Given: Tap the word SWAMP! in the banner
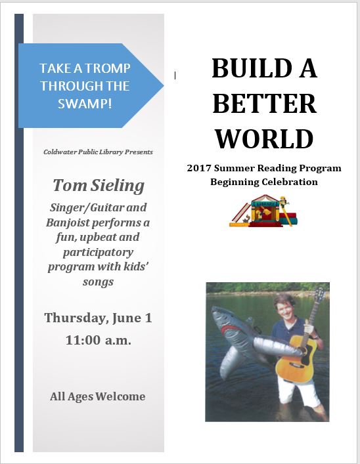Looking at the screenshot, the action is tap(85, 104).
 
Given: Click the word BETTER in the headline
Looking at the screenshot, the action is tap(265, 103).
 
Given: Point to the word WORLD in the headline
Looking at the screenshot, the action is tap(264, 138).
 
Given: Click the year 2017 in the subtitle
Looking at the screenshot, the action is tap(199, 168).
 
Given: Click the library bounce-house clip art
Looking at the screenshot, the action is tap(263, 211).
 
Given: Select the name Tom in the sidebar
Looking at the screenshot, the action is tap(70, 186).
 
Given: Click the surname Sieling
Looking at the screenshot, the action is tap(118, 186).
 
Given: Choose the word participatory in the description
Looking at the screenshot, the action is tap(98, 253).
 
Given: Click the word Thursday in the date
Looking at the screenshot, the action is tap(76, 318).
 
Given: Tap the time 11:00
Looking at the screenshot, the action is tap(83, 340).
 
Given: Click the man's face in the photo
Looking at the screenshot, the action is tap(284, 310).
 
